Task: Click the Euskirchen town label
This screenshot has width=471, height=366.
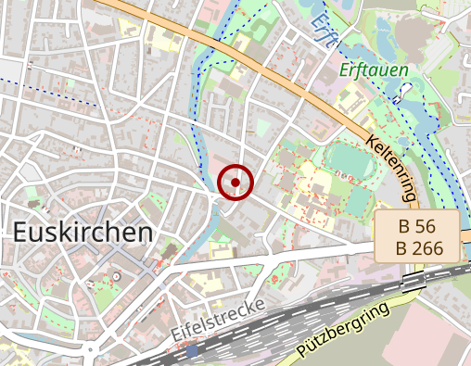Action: pyautogui.click(x=83, y=233)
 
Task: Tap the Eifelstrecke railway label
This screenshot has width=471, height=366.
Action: pyautogui.click(x=218, y=318)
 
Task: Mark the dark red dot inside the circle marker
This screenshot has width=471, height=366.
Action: pyautogui.click(x=236, y=182)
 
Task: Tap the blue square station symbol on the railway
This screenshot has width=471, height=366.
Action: pyautogui.click(x=192, y=352)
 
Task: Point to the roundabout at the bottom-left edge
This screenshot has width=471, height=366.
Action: pyautogui.click(x=90, y=351)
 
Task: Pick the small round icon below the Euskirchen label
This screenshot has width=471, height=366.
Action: pyautogui.click(x=117, y=276)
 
